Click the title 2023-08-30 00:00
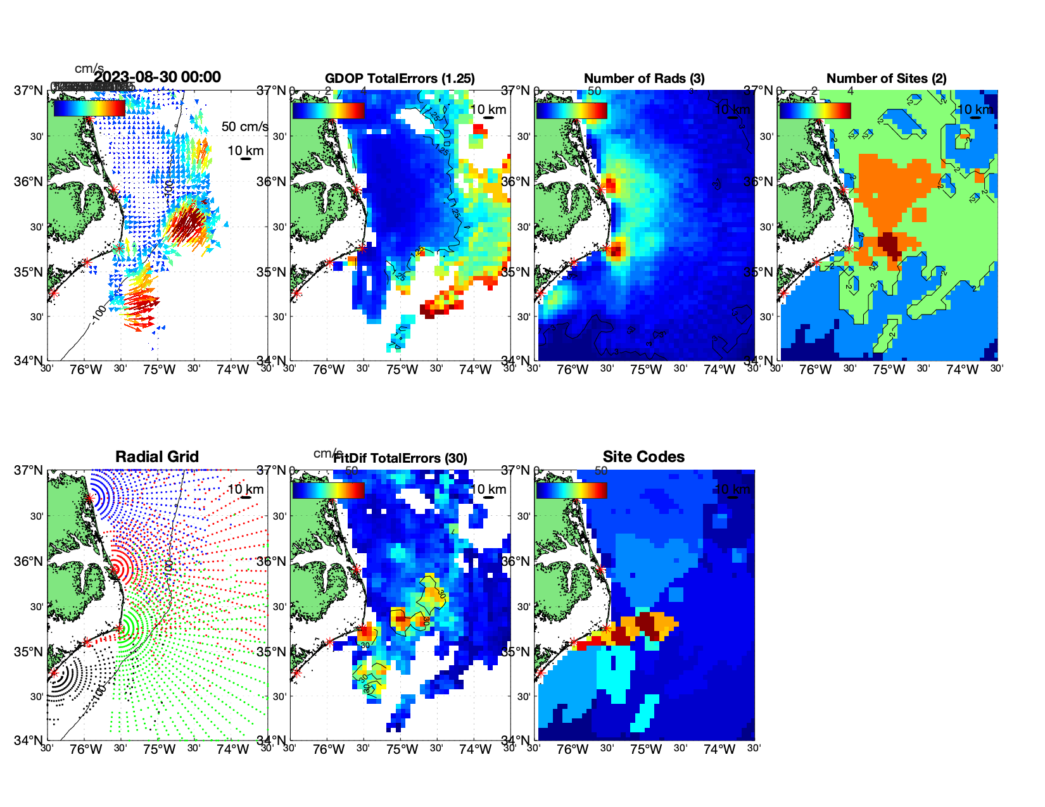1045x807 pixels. pyautogui.click(x=158, y=77)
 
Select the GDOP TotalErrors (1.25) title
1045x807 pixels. pyautogui.click(x=400, y=78)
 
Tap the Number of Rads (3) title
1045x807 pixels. pyautogui.click(x=644, y=78)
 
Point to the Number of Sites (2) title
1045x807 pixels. pyautogui.click(x=886, y=78)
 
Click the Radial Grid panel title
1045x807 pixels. pyautogui.click(x=157, y=457)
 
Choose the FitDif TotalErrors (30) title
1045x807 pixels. pyautogui.click(x=401, y=458)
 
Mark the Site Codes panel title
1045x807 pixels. pyautogui.click(x=643, y=457)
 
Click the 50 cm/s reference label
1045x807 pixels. pyautogui.click(x=244, y=127)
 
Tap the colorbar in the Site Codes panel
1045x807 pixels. pyautogui.click(x=571, y=490)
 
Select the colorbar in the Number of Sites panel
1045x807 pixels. pyautogui.click(x=815, y=110)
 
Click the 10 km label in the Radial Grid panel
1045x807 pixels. pyautogui.click(x=245, y=489)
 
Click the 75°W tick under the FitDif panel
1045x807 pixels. pyautogui.click(x=402, y=750)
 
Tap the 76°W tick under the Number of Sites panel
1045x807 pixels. pyautogui.click(x=815, y=370)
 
